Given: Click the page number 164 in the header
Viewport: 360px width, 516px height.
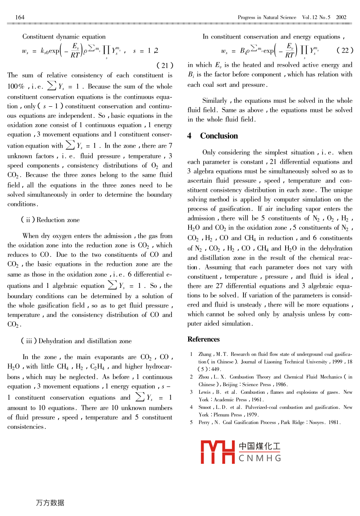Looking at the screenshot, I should click(20, 17).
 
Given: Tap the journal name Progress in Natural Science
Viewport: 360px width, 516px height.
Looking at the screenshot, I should click(267, 17).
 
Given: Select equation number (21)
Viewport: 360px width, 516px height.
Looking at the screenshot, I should click(165, 65).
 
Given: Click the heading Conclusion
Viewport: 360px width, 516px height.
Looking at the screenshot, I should click(219, 136).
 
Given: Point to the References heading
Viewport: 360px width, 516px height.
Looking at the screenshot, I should click(204, 339).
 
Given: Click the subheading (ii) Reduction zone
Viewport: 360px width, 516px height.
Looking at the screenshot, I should click(50, 220).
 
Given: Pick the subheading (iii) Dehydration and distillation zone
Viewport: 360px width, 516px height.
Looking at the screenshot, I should click(76, 341).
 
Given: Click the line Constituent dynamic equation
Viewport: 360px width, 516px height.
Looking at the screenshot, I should click(64, 37).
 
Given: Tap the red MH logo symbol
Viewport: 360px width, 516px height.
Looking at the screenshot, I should click(217, 452).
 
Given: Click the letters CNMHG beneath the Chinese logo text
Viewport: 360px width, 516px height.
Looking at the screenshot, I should click(260, 458).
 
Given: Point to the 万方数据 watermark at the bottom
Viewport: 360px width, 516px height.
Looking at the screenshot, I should click(50, 502).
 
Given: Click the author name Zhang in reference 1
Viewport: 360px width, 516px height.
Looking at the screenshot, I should click(205, 354).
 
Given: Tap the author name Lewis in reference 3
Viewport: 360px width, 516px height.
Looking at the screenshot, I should click(205, 392).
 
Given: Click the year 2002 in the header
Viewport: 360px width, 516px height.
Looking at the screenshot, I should click(341, 17).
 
